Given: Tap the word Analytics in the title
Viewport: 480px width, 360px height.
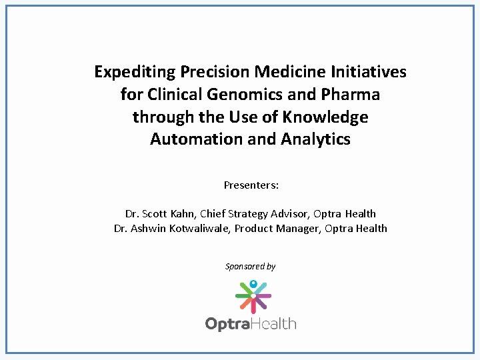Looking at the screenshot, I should tap(316, 139).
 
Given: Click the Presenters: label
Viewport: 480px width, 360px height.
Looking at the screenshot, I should tap(251, 185).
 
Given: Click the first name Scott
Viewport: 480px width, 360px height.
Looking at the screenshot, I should tap(154, 214).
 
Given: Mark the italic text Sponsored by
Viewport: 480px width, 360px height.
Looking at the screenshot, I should tap(251, 267).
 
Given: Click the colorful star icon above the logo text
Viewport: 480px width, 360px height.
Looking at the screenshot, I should tap(253, 295).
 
